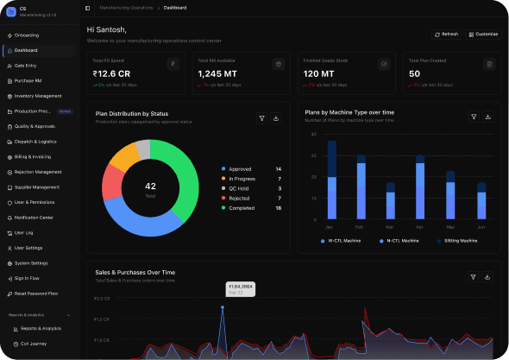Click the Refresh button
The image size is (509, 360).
[447, 34]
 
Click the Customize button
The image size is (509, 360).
[483, 34]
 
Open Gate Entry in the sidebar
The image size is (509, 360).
[25, 66]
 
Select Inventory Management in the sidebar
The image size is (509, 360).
[37, 96]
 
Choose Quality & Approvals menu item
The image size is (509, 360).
[35, 126]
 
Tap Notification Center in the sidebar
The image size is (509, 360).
[34, 217]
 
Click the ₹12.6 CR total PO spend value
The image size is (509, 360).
[112, 74]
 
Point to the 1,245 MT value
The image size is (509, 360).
[217, 74]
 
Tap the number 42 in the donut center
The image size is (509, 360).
[150, 186]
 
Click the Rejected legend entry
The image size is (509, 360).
[241, 198]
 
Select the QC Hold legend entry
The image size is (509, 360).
[242, 188]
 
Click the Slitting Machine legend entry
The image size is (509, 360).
[457, 241]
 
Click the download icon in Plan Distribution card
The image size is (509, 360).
[276, 118]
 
